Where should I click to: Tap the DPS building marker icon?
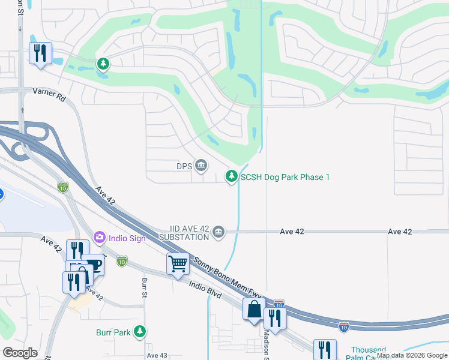coord(200,165)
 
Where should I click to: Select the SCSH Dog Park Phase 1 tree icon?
coord(231,176)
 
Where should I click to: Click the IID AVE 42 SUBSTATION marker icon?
coord(218,232)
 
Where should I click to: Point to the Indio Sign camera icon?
coord(99,238)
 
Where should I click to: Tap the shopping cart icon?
coord(178,263)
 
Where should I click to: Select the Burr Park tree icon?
coord(140,331)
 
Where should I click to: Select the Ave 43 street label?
coord(157,355)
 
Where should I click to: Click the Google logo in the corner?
coord(20,353)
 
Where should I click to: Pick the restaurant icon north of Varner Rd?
coord(40,52)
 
